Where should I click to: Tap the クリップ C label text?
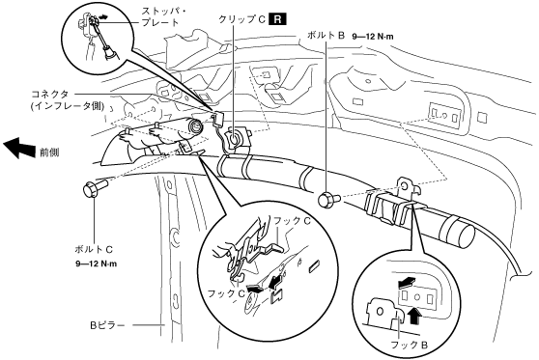coord(242,19)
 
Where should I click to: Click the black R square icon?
coord(277,19)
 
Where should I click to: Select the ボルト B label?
coord(326,36)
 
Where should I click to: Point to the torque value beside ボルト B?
coord(373,36)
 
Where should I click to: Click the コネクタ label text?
coord(50,94)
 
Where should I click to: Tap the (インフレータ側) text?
coord(68,106)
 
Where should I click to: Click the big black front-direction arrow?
coord(18,147)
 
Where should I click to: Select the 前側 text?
coord(50,152)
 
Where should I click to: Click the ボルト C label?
coord(94,249)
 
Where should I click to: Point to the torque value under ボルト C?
coord(97,263)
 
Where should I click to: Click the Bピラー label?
coord(107,324)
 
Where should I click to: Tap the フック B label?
coord(409,345)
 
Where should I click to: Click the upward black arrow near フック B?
coord(415,316)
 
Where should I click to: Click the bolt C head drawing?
coord(91,190)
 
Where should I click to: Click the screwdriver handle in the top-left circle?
coord(109,54)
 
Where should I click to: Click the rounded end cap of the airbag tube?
coord(465,235)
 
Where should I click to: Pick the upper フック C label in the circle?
coord(292,220)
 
